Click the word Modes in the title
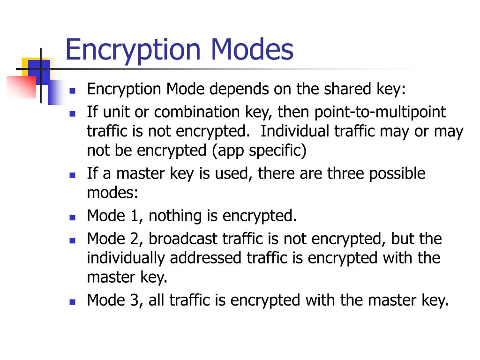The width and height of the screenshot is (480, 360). (253, 50)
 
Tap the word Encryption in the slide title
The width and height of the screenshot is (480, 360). (134, 51)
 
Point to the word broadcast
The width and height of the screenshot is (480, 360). (192, 239)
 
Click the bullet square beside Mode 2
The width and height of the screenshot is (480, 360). (72, 240)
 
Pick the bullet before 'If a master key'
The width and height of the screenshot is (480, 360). (72, 174)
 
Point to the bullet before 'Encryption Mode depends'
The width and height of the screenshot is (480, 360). (72, 90)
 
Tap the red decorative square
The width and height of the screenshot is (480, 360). (21, 87)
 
